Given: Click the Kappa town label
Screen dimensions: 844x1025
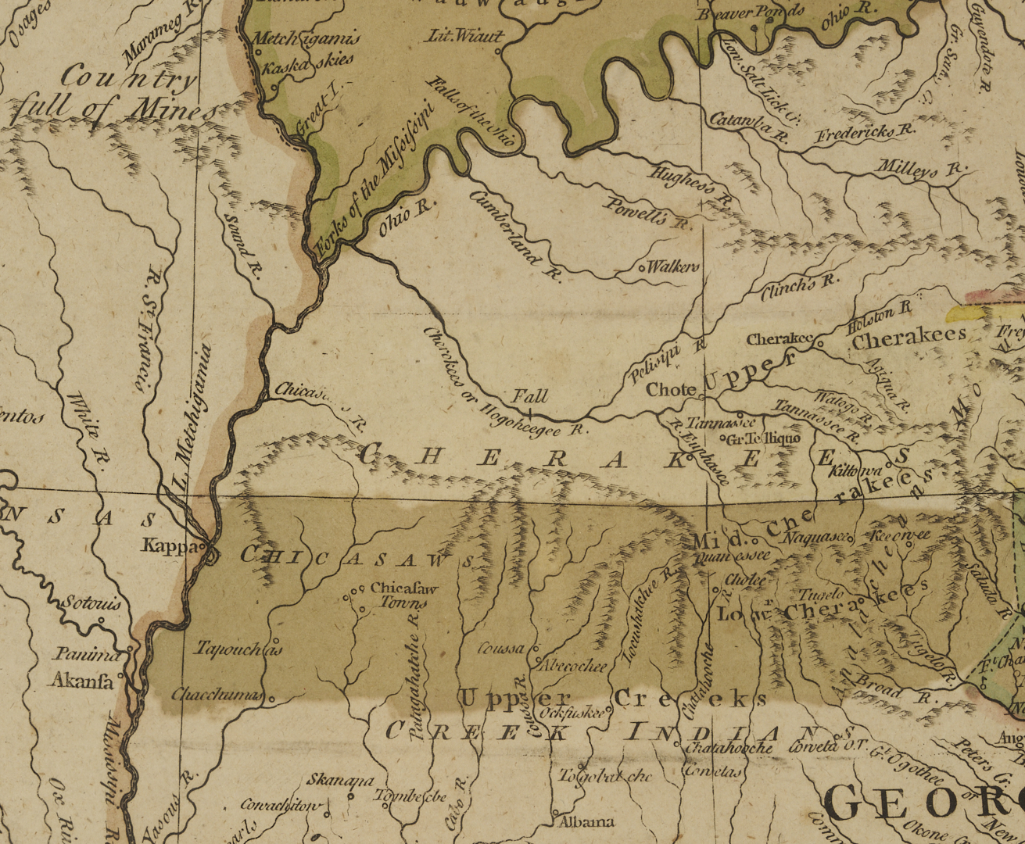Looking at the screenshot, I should tap(171, 545).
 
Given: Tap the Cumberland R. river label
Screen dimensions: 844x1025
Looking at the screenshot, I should tap(516, 233).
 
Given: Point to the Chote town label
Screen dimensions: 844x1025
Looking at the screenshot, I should tap(671, 390).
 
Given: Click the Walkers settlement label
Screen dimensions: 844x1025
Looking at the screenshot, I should tap(672, 267).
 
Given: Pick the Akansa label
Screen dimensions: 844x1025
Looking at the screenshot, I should tap(82, 681).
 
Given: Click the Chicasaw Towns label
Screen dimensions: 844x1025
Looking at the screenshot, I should tap(403, 595).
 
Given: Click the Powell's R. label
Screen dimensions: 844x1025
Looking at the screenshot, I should tap(648, 213).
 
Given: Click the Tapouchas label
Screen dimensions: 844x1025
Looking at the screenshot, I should tap(227, 649).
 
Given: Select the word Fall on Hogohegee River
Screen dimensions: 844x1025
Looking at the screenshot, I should tap(530, 396).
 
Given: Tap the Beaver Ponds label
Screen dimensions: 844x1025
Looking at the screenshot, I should tap(751, 13).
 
